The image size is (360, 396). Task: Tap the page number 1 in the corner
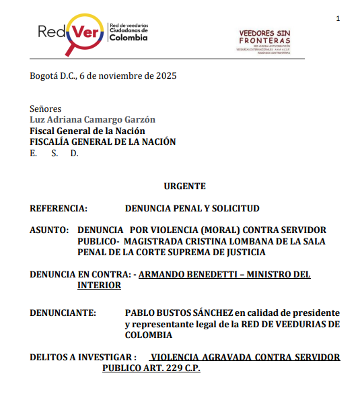tap(338, 18)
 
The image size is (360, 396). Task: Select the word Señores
tap(46, 108)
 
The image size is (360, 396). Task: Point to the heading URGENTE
tap(185, 187)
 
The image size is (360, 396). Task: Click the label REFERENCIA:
tap(59, 209)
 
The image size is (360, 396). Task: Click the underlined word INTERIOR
tap(99, 285)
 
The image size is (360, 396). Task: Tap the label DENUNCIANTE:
tap(63, 314)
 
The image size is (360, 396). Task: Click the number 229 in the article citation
tap(166, 368)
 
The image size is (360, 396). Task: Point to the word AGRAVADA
tap(227, 358)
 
